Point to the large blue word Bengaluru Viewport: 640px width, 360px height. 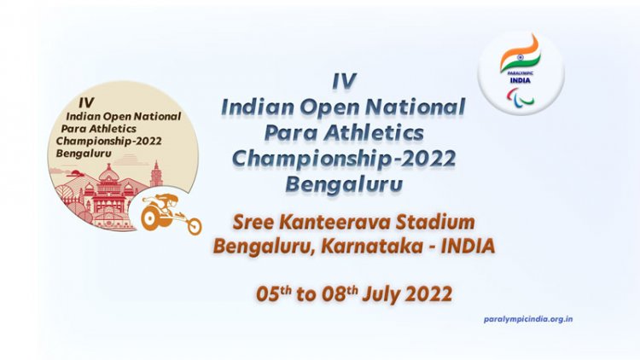click(343, 185)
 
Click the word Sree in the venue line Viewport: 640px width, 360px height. click(253, 224)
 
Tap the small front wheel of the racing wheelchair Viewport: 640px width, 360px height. click(194, 226)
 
